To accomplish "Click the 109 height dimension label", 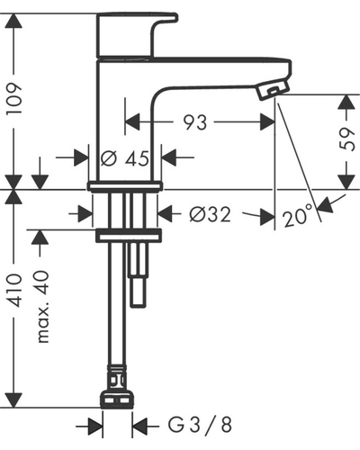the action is pos(15,98).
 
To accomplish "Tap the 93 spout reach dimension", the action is pos(195,122).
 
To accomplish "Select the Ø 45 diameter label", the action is pos(125,158).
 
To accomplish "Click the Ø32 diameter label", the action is pos(211,214).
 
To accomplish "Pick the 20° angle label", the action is pos(296,216).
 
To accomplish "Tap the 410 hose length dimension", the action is pos(15,290).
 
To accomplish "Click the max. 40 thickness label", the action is pos(42,307).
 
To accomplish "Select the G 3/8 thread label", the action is pos(200,426).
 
